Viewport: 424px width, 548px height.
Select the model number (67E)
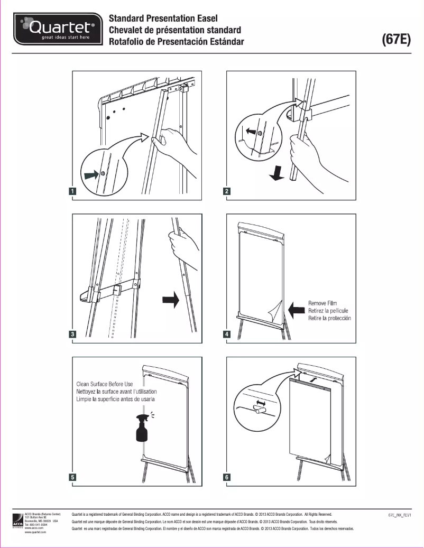[x=396, y=40]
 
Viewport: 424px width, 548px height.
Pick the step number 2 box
[x=227, y=191]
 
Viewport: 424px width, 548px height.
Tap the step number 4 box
[x=227, y=334]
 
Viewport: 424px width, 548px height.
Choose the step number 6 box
[x=227, y=477]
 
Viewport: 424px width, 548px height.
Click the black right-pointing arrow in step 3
[x=171, y=300]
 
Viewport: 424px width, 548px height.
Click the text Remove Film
[x=322, y=303]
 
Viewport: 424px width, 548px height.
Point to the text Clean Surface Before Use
[x=112, y=384]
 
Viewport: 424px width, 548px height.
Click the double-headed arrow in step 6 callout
[x=259, y=403]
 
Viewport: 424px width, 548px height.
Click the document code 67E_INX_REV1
[x=399, y=514]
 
